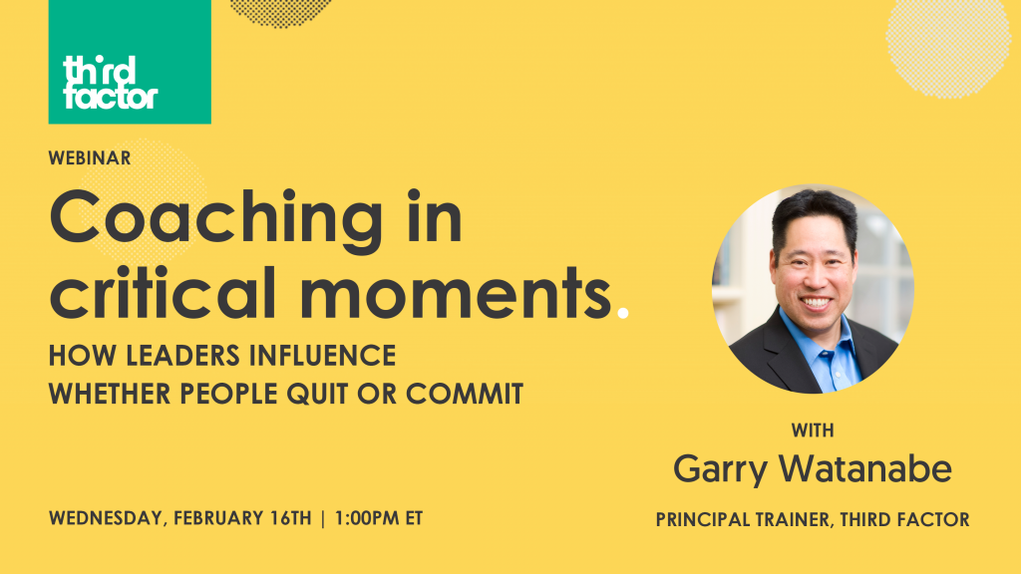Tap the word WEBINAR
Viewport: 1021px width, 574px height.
(x=90, y=157)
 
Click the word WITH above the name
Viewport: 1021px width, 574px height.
(x=813, y=431)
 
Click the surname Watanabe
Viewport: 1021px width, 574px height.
(x=868, y=468)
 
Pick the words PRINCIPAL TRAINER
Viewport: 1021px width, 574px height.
(x=742, y=519)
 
